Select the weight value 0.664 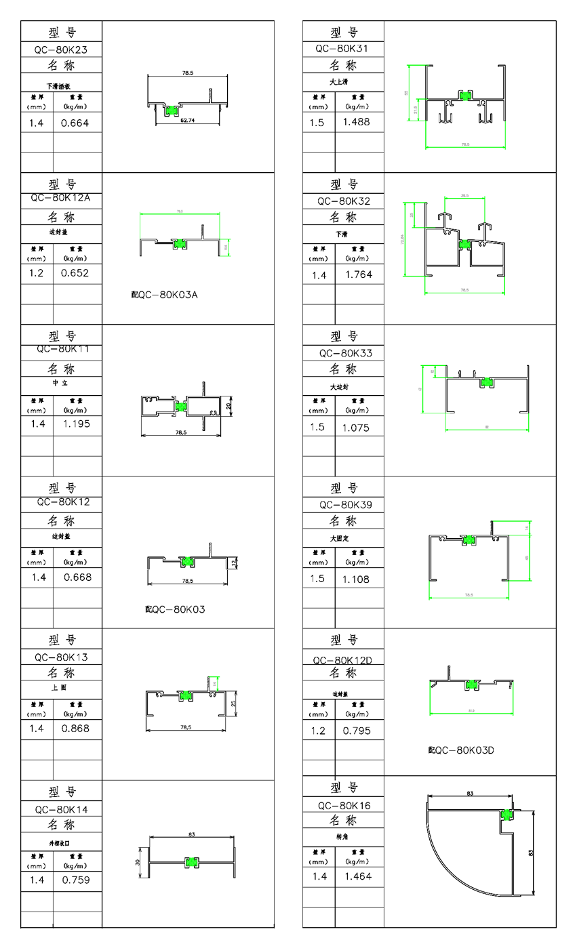tap(75, 123)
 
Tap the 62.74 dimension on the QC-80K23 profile tap(188, 121)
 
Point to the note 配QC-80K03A tap(164, 295)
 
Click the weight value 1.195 tap(77, 424)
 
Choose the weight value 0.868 tap(76, 729)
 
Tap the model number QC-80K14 tap(61, 809)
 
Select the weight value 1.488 tap(357, 121)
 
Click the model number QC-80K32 tap(344, 201)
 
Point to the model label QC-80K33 tap(346, 353)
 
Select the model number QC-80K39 tap(346, 505)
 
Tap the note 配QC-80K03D tap(461, 750)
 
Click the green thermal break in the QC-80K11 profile tap(182, 405)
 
